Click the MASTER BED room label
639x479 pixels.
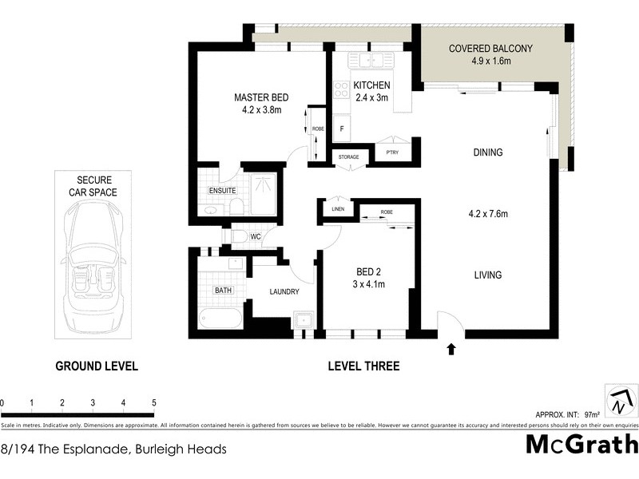(x=260, y=97)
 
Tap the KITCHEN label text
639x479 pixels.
(x=371, y=85)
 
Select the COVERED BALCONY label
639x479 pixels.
(x=490, y=49)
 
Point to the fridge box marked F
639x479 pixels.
(x=342, y=128)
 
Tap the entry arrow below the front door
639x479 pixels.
(x=451, y=348)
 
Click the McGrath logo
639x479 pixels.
(x=581, y=444)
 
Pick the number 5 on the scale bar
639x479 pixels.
(x=153, y=402)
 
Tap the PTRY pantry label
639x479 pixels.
(x=392, y=152)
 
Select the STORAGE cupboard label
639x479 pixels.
(x=348, y=157)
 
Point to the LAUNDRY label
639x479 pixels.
(x=284, y=291)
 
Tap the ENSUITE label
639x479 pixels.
(x=221, y=192)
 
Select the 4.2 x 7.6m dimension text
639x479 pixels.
(x=488, y=213)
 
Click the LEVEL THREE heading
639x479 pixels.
(x=363, y=366)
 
